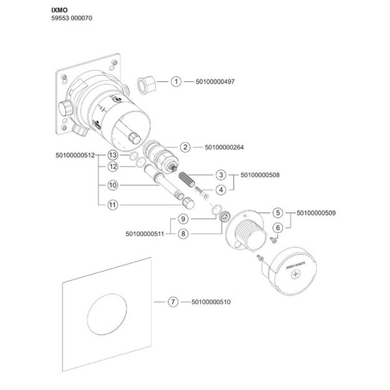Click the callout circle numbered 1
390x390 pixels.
(x=176, y=82)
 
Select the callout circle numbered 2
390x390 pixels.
(x=185, y=148)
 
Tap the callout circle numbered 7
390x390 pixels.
(x=173, y=302)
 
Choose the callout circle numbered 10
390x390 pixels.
(x=113, y=185)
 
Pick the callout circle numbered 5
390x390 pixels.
(x=277, y=213)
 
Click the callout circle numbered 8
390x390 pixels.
(x=183, y=234)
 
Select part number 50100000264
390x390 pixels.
(x=225, y=148)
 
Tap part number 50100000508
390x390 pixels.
(x=260, y=175)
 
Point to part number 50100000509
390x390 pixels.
(x=316, y=213)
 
